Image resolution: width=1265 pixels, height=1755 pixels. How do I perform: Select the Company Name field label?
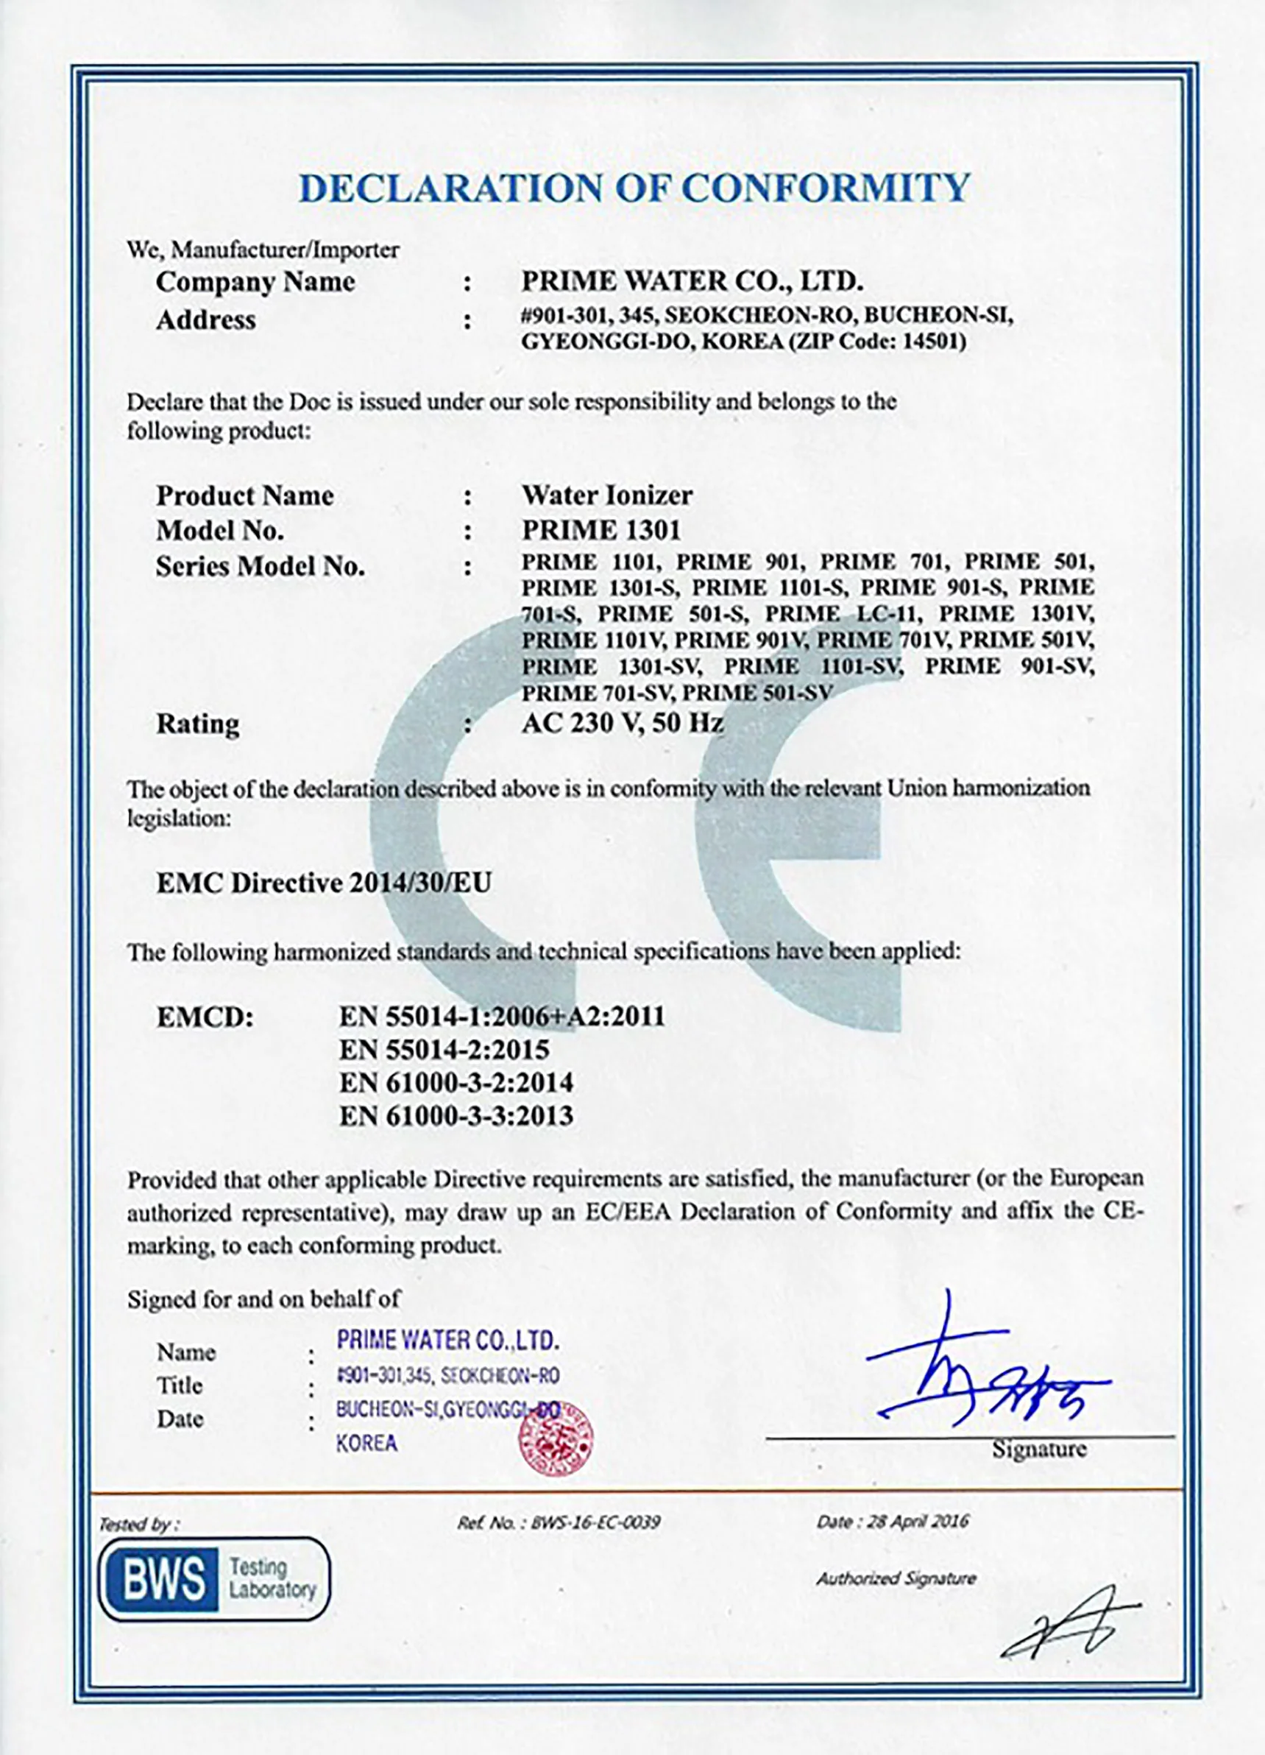[255, 282]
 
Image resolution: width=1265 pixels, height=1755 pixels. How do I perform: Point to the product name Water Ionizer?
[606, 495]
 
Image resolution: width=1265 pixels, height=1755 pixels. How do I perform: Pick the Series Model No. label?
[260, 566]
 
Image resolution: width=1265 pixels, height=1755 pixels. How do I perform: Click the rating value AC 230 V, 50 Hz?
[622, 723]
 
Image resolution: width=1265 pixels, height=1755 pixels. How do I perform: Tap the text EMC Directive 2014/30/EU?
[323, 883]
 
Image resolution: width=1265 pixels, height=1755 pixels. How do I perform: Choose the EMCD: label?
[205, 1017]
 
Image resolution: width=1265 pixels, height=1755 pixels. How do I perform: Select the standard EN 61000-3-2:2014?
[456, 1082]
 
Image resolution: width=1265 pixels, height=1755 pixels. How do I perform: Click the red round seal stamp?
[556, 1440]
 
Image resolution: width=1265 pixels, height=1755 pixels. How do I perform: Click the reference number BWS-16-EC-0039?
[595, 1522]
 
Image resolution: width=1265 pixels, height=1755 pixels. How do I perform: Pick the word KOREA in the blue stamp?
[366, 1442]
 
